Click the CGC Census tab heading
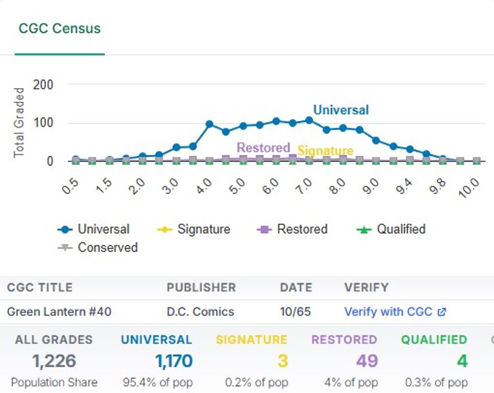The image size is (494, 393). coord(60,29)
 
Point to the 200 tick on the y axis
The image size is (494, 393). coord(43,85)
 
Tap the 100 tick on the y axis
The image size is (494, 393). coord(43,123)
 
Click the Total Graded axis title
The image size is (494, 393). coord(19,123)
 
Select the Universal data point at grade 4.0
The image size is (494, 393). coord(209,124)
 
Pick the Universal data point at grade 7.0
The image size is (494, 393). coord(310,120)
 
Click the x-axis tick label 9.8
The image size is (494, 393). coord(437,186)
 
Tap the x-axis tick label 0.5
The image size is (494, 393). coord(70,186)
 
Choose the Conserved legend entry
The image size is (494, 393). coord(98,247)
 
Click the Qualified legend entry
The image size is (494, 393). coord(391,229)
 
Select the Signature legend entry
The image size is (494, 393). coord(194,229)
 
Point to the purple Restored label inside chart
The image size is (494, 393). coord(264,147)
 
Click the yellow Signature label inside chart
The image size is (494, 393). coord(325,151)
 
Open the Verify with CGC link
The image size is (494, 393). coord(395,312)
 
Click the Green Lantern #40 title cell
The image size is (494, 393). coord(59,312)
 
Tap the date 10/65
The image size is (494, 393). coord(296,312)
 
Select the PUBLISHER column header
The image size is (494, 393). coord(201,287)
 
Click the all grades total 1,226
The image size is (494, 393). coord(54,361)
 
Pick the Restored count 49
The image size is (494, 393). coord(367,361)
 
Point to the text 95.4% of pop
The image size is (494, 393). coord(158,383)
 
